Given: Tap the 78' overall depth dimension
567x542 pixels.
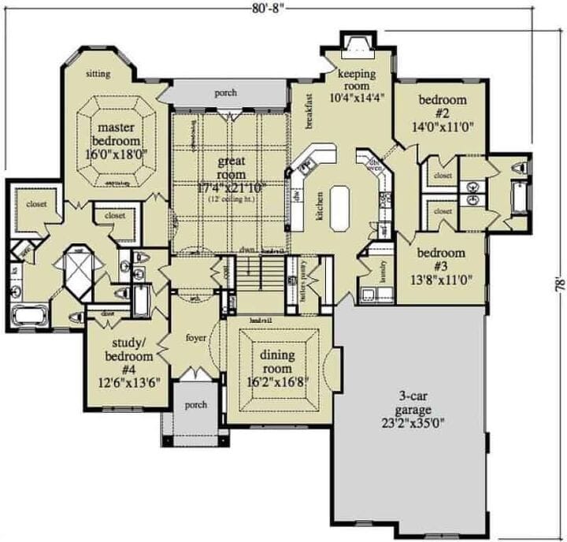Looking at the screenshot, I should point(558,282).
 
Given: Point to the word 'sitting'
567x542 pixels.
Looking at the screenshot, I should point(98,74).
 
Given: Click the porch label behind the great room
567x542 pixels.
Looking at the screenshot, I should point(226,93).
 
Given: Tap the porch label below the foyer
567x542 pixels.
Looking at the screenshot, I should point(195,405).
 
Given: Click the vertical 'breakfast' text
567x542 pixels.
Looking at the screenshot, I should point(309,111).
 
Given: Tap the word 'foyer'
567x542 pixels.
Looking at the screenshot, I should point(195,338).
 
